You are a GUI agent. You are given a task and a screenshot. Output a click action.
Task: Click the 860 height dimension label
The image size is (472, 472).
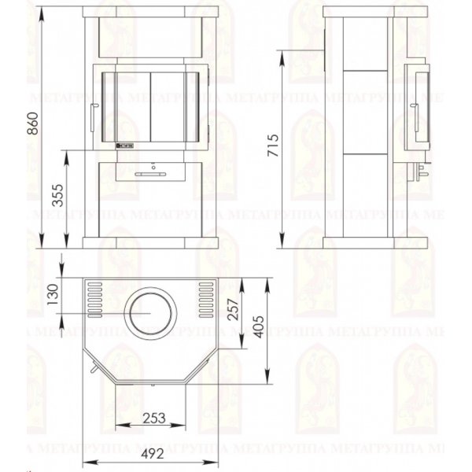point(33,124)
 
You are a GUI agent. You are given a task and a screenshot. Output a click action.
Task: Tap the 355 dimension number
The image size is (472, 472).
point(58,195)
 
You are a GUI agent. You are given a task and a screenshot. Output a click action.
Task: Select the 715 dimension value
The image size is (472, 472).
point(273,146)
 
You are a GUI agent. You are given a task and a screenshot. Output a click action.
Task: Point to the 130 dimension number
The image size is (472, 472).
point(53,294)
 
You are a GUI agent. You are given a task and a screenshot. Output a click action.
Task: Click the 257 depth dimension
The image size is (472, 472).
point(234,309)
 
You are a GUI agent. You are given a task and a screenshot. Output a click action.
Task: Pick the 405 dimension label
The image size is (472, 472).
point(258,326)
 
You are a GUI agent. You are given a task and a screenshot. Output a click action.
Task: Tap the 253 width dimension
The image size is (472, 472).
point(154,419)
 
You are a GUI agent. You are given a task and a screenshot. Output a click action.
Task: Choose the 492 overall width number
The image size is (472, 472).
point(153,454)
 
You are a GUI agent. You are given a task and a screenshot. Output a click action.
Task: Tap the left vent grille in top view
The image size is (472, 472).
point(95,300)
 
